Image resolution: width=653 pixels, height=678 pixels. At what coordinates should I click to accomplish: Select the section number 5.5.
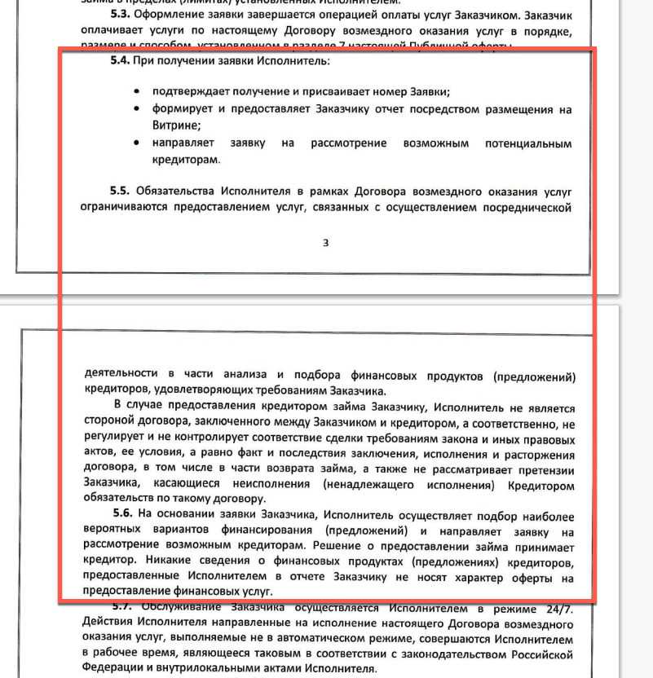(120, 191)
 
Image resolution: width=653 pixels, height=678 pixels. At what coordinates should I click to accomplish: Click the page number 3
(325, 242)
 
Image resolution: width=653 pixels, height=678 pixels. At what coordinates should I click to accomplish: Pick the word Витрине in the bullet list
(176, 125)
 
